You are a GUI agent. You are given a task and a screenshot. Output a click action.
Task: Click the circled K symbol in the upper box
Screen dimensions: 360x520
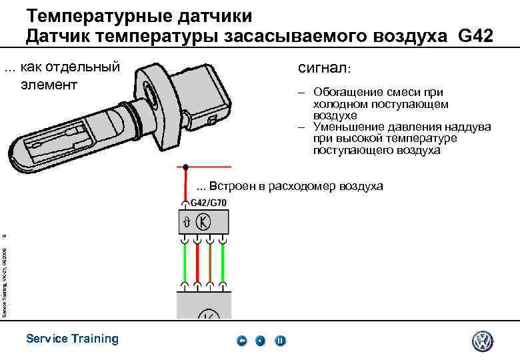pos(206,221)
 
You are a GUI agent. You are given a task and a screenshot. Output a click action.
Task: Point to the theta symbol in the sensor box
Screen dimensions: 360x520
pos(188,222)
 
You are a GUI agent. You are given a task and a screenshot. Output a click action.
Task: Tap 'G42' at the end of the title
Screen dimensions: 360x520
pos(476,36)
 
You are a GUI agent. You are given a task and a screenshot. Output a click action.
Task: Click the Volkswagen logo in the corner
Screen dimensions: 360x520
pos(483,341)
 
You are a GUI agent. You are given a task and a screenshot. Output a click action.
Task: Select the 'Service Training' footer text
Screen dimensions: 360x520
pos(72,339)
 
